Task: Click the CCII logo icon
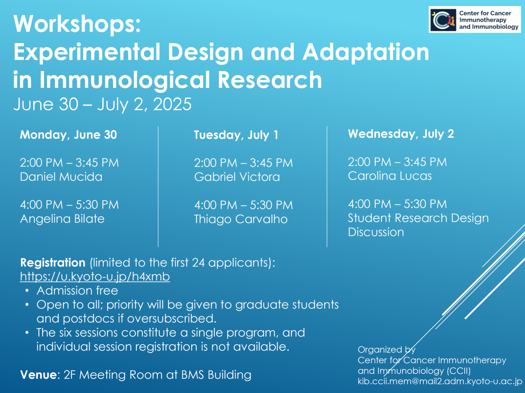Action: tap(443, 20)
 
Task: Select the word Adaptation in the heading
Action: tap(366, 52)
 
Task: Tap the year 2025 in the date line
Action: tap(172, 104)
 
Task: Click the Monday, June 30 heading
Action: tap(68, 135)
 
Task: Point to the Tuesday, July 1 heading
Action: tap(236, 135)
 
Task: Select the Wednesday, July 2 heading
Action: tap(401, 134)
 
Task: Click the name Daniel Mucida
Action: tap(61, 177)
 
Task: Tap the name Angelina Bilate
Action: tap(62, 219)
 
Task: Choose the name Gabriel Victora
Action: tap(237, 177)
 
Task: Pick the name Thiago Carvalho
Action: tap(241, 219)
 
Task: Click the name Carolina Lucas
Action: tap(389, 176)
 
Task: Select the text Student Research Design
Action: tap(418, 218)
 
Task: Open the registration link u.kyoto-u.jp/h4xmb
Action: tap(95, 276)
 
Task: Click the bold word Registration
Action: tap(52, 263)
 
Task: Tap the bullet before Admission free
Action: tap(27, 291)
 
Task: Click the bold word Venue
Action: tap(38, 375)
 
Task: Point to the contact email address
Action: tap(440, 382)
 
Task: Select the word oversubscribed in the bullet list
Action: tap(172, 319)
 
